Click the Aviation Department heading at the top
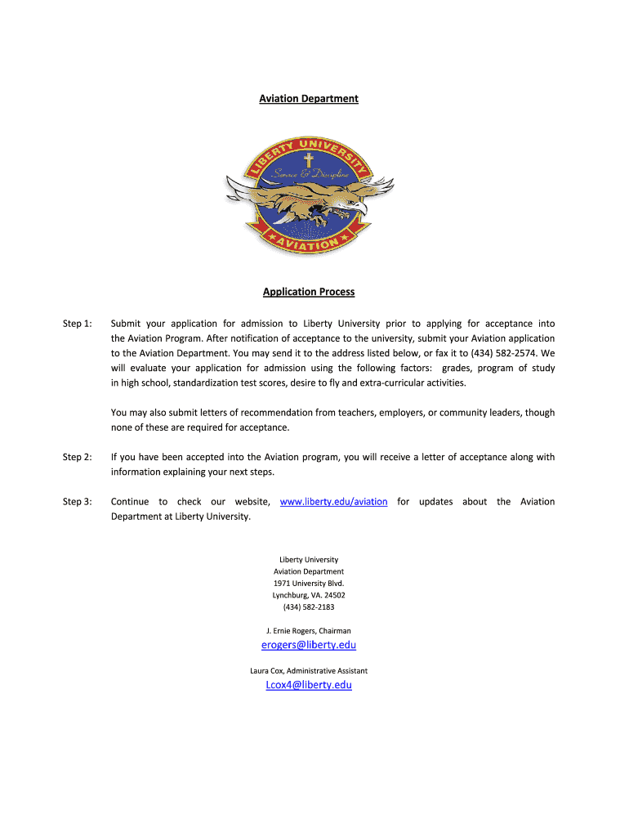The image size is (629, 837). [309, 99]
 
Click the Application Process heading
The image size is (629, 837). [309, 292]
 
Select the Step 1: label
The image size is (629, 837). [77, 324]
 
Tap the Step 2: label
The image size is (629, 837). [77, 458]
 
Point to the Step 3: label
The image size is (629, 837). [77, 502]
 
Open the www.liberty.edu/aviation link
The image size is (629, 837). [333, 502]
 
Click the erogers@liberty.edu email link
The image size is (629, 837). [309, 645]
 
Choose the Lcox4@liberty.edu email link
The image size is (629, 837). [309, 685]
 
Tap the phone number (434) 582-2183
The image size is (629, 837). [309, 607]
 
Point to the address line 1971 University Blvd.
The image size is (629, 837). [309, 584]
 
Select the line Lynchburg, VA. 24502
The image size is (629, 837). [309, 595]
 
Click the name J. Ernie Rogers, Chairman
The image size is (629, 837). [309, 631]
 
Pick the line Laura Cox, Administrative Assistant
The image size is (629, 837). [309, 671]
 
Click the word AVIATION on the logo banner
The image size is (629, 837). [309, 244]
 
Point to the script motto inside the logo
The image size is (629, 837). [310, 175]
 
